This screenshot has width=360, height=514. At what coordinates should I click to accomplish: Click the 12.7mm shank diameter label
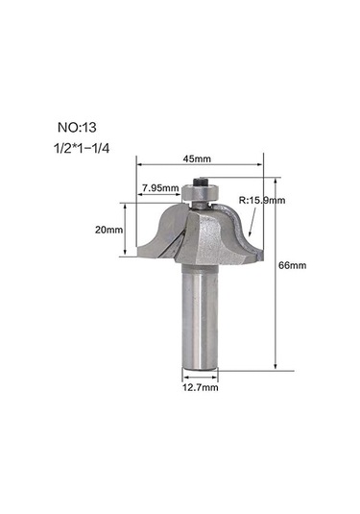click(202, 388)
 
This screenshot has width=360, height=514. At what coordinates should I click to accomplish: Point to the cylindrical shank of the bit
click(203, 317)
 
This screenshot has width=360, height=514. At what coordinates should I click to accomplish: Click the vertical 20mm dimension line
click(128, 231)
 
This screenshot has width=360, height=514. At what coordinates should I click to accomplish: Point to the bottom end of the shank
click(203, 367)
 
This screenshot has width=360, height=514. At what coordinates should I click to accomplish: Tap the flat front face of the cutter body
click(207, 240)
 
